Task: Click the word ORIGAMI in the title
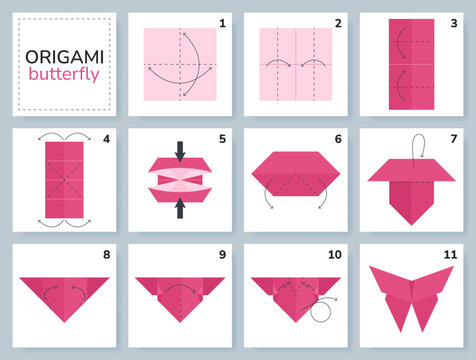(x=65, y=57)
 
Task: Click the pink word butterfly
(x=64, y=75)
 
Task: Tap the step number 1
(x=222, y=23)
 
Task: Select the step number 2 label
(x=338, y=23)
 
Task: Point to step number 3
(x=454, y=23)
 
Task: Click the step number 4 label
(x=106, y=139)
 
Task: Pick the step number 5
(x=222, y=139)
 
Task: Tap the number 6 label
(x=338, y=139)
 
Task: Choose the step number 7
(x=454, y=139)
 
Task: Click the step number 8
(x=106, y=255)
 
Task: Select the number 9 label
(x=222, y=255)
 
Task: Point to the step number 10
(x=335, y=255)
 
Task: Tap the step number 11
(x=450, y=255)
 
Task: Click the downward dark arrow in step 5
(x=180, y=152)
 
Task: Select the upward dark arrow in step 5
(x=180, y=208)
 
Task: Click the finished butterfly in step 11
(x=411, y=298)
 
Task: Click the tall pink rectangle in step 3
(x=411, y=64)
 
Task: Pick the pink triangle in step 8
(x=64, y=298)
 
